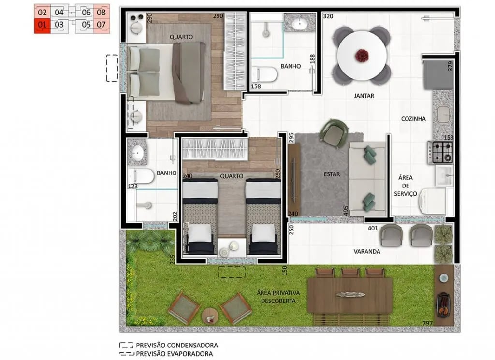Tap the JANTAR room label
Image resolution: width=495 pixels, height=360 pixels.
(364, 96)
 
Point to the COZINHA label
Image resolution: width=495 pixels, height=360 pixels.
(413, 119)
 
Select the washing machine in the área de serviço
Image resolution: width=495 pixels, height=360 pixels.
(431, 201)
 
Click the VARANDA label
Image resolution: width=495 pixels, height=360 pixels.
(366, 251)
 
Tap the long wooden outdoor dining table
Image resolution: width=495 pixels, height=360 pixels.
(349, 295)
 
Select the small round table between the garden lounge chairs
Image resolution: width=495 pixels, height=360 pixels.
(210, 316)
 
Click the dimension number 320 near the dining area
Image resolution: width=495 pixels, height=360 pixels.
(328, 16)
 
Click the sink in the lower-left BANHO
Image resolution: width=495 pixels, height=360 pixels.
(138, 153)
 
